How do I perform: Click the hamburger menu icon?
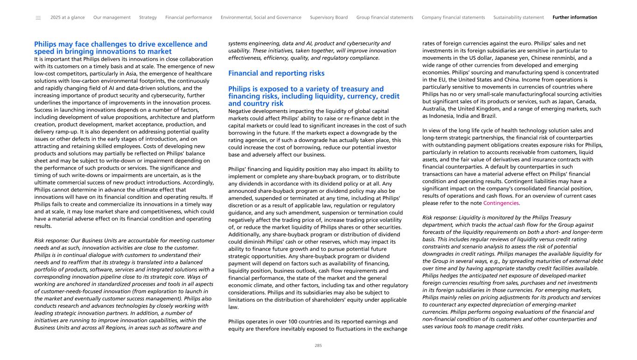click(38, 18)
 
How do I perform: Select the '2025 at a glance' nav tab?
click(68, 18)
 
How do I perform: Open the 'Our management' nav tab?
click(112, 18)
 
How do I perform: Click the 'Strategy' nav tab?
click(148, 18)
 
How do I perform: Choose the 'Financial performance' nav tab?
click(189, 18)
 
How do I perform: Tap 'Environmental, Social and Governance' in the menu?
click(261, 18)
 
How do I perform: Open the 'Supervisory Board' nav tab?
click(329, 18)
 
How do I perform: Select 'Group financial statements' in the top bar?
click(385, 18)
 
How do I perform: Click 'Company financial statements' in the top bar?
click(453, 18)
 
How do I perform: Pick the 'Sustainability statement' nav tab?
click(518, 18)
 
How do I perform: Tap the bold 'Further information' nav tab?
click(574, 18)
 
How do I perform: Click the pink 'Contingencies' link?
click(501, 203)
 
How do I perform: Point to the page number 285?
click(318, 346)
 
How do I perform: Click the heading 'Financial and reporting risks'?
click(276, 73)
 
